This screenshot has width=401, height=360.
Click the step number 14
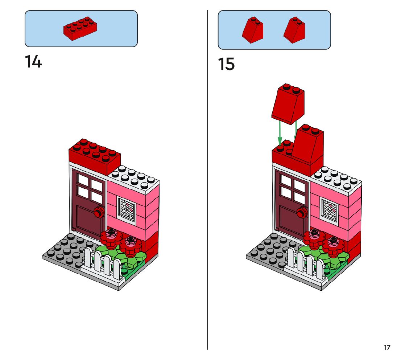click(33, 62)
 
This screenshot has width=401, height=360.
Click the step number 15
click(226, 64)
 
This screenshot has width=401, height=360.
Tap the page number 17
click(387, 348)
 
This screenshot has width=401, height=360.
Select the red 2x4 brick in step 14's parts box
click(80, 28)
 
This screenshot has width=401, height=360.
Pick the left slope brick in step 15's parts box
click(252, 30)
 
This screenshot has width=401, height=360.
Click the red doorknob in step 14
click(98, 212)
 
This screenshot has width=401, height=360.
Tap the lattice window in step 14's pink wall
click(126, 209)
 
